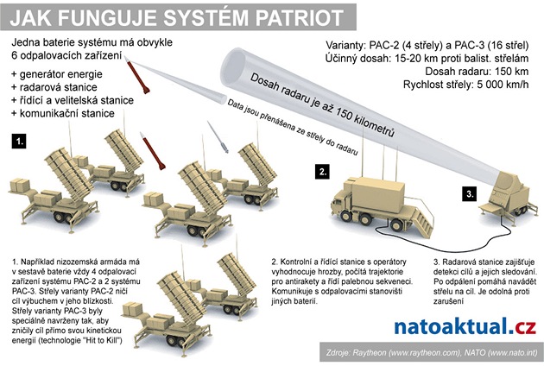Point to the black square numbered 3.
[x=469, y=194]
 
